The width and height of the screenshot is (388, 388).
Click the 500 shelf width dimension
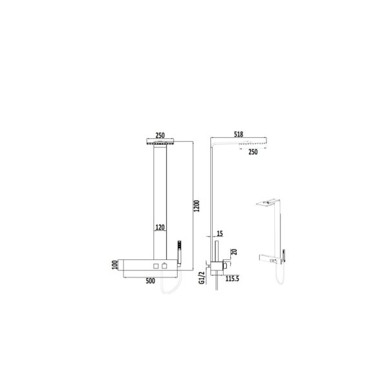coord(150,281)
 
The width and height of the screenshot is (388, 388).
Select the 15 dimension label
coord(220,234)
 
